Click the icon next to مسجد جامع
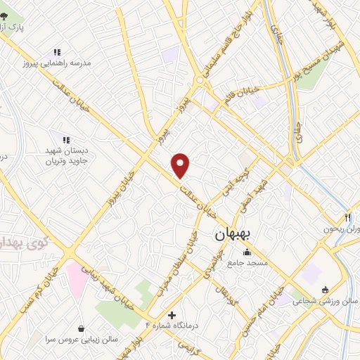point(246,253)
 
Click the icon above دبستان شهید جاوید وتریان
point(65,140)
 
